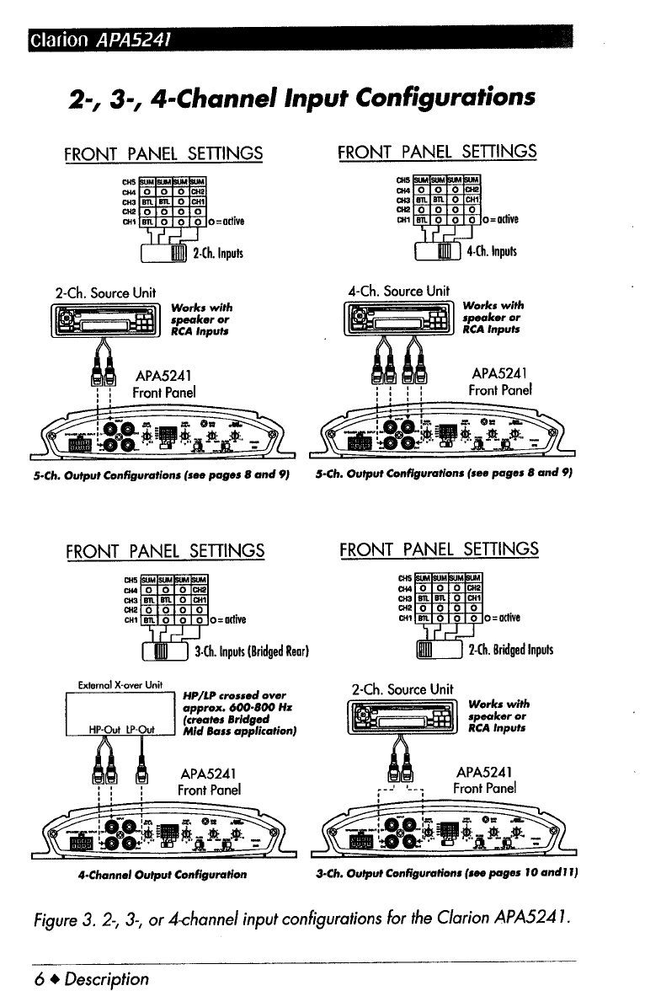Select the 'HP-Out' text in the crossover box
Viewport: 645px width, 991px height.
point(104,729)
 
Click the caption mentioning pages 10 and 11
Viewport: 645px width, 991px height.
point(449,875)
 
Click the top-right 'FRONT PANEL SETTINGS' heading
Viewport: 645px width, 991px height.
point(436,152)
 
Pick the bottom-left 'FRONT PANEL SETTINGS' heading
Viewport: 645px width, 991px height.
point(164,551)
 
